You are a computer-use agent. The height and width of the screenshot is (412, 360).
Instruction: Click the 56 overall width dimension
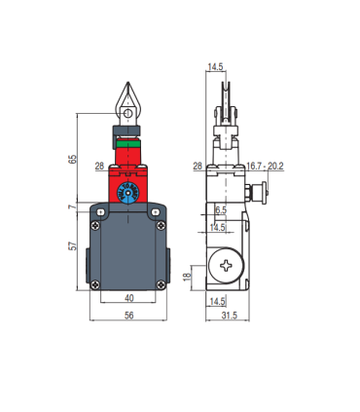(x=128, y=318)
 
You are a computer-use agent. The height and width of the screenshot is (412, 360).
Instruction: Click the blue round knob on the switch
(x=127, y=195)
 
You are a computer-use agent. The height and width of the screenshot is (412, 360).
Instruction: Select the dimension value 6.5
(x=220, y=210)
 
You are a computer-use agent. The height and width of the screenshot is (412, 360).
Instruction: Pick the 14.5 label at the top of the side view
(x=216, y=67)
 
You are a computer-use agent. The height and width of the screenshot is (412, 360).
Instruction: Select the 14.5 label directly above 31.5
(x=219, y=301)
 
